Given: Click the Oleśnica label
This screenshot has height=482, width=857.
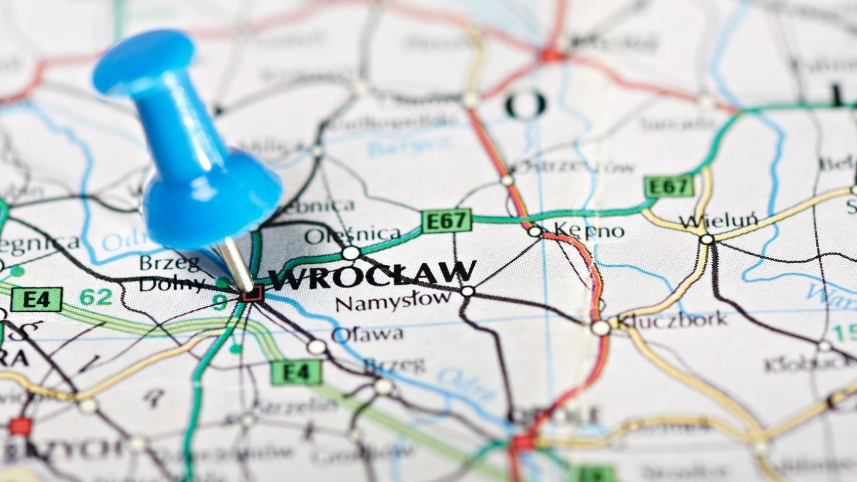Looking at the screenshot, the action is pos(352,235).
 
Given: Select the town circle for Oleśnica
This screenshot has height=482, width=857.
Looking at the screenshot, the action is pos(351,253).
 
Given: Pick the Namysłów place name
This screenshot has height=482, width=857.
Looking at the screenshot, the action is pos(393,302).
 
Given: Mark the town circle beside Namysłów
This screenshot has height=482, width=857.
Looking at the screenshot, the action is pos(467,290).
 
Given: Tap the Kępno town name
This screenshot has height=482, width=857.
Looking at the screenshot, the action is pos(588,230).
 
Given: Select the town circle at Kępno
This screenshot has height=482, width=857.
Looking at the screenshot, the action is pos(534,231).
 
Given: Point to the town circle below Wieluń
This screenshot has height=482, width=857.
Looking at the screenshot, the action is pos(707,239).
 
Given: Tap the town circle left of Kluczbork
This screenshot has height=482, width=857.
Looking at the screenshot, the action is pos(600,327).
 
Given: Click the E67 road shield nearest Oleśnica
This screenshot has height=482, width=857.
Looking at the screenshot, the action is pos(446,220).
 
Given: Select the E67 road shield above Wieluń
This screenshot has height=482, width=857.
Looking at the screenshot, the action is pos(668,186).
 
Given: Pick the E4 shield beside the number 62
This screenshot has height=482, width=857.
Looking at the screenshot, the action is pos(36,299).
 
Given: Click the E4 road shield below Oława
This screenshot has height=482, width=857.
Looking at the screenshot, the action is pos(296,373).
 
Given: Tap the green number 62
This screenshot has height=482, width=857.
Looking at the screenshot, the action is pos(96,297).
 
